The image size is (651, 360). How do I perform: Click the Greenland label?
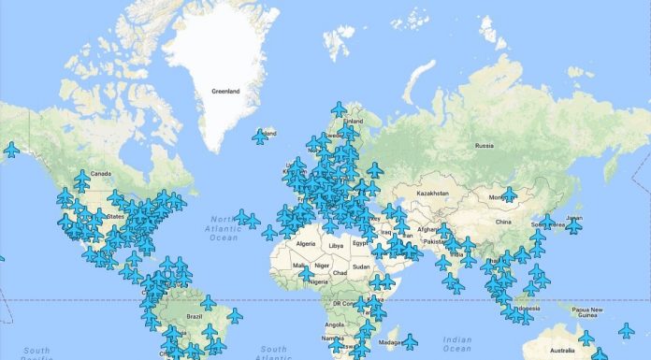point(226,91)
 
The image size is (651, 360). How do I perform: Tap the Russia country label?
point(484,146)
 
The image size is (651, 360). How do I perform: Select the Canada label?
point(100,173)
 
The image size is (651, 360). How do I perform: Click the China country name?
point(503,223)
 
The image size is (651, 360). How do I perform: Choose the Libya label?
point(336,245)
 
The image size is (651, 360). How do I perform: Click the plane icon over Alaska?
point(11,149)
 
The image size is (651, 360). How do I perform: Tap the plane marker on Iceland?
point(260,137)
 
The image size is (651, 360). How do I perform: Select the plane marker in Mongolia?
point(509,194)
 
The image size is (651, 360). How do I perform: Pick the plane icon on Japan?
point(573,225)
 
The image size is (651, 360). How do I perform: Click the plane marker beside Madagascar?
point(409,341)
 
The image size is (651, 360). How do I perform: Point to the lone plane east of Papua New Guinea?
point(626,330)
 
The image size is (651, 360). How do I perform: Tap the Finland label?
point(354,121)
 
